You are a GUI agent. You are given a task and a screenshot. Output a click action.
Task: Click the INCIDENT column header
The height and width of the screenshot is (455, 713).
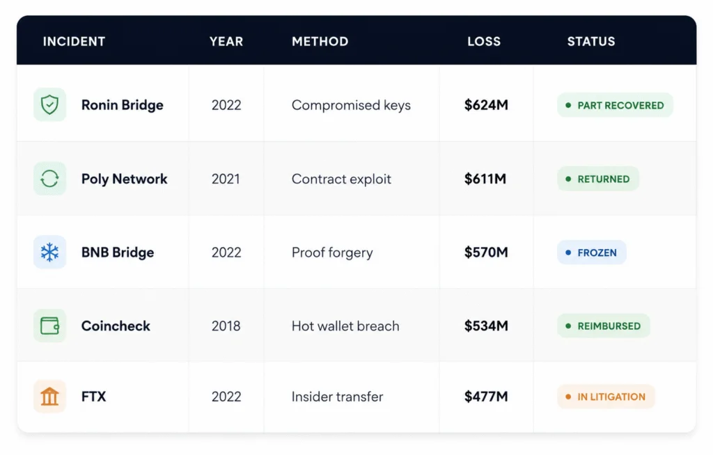74,41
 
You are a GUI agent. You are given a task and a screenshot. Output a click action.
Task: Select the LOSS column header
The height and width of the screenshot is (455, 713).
484,41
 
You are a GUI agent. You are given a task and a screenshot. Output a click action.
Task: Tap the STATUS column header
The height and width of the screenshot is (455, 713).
591,41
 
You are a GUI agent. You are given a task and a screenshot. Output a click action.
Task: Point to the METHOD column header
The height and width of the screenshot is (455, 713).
320,41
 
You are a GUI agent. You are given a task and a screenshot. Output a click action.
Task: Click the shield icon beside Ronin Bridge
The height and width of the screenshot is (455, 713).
49,104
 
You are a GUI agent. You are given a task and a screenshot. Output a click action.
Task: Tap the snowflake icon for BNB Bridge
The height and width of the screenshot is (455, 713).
49,253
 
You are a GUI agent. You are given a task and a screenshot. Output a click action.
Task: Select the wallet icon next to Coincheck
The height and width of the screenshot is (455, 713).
49,326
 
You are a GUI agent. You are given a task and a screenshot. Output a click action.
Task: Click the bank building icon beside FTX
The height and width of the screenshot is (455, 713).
49,397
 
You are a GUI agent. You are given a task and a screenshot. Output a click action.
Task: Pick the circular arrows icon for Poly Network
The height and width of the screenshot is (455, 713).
49,179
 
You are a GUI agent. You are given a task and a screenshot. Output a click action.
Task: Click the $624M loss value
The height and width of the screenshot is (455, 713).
486,105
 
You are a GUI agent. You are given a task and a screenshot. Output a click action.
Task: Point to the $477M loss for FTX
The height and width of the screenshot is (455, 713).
486,397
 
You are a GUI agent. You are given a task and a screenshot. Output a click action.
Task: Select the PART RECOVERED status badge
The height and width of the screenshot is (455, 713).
615,105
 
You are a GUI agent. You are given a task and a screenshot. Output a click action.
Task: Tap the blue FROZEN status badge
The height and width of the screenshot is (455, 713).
592,253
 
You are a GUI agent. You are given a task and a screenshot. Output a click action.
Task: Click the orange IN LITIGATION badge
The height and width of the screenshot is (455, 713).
606,397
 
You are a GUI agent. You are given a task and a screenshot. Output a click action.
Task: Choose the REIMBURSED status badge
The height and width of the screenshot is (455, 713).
604,326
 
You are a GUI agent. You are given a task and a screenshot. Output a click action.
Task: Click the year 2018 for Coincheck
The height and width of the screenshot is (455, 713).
226,326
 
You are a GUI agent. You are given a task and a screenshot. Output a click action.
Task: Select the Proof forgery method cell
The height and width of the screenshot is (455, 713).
332,253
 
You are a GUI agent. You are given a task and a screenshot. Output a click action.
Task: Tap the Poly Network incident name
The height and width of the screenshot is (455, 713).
124,179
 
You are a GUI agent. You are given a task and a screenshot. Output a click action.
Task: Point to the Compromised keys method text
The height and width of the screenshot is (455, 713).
351,106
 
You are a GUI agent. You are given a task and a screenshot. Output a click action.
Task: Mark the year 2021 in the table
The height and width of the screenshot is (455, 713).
226,179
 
